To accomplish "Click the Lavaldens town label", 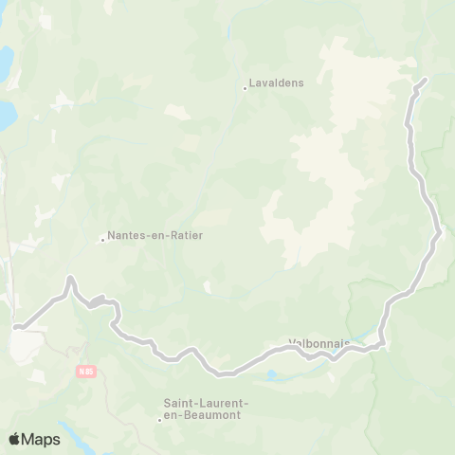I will [278, 83].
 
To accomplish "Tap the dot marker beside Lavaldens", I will [246, 89].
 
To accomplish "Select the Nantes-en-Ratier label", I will [155, 235].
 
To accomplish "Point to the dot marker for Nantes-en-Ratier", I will [102, 240].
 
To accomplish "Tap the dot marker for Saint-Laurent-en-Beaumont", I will [159, 420].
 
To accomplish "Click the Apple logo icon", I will [15, 439].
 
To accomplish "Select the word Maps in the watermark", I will [43, 439].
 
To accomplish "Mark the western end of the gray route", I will [16, 329].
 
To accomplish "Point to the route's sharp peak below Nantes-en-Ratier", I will [69, 278].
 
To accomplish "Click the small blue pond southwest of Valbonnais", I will [274, 374].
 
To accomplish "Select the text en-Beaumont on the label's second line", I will [205, 415].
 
